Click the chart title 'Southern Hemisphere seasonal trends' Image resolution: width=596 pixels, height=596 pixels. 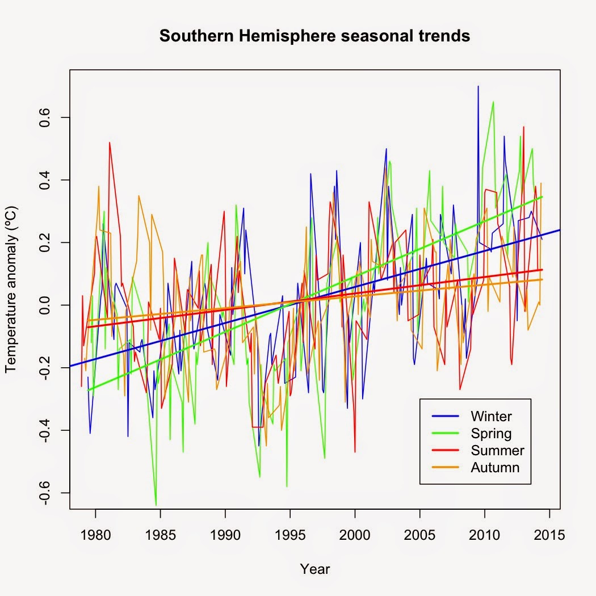click(x=314, y=36)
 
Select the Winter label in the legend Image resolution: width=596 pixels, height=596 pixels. click(x=491, y=416)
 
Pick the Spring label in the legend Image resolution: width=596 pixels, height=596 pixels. click(x=491, y=434)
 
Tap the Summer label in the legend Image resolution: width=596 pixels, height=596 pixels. click(x=497, y=451)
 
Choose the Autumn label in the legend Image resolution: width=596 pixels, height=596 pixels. click(x=495, y=468)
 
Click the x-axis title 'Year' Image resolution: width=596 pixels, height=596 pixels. click(x=314, y=569)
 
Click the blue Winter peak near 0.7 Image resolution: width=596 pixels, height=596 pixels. click(x=478, y=87)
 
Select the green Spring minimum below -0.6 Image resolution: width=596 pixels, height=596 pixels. click(x=156, y=504)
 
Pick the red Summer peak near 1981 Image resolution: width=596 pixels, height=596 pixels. click(x=110, y=143)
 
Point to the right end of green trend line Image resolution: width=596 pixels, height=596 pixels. click(x=542, y=197)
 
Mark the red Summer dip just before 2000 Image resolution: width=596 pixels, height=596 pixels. click(x=355, y=451)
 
